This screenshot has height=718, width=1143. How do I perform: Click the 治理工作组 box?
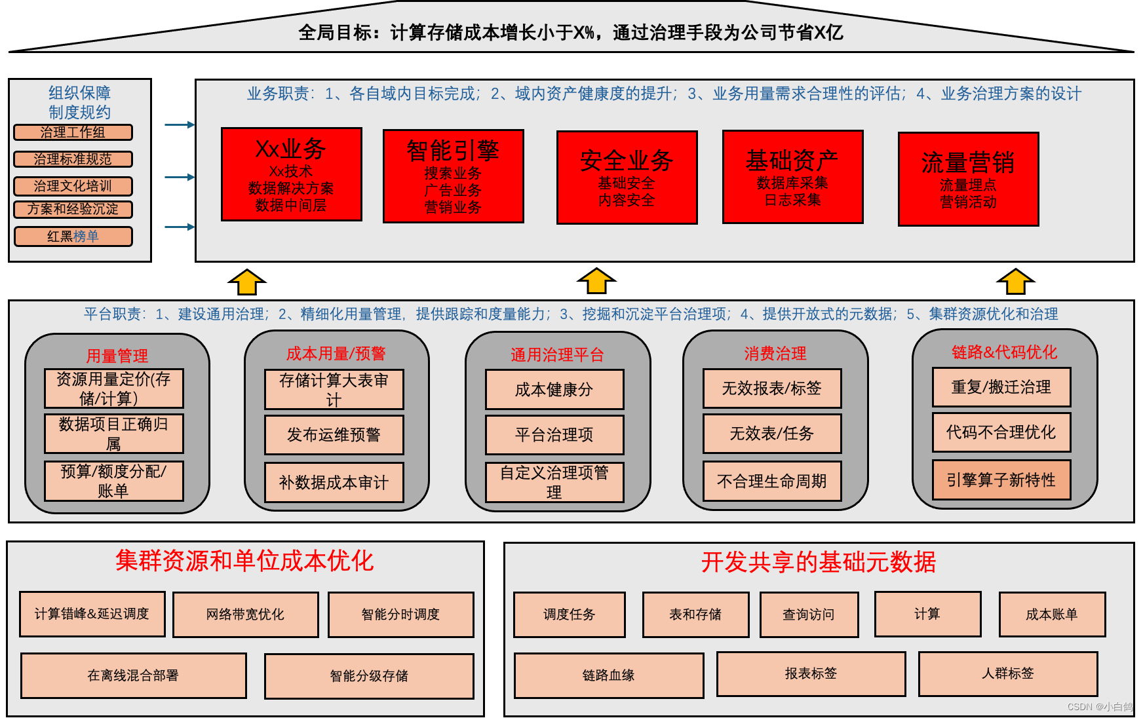(73, 132)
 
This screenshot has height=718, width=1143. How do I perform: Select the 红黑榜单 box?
(73, 236)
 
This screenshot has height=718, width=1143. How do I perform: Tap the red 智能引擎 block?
(453, 176)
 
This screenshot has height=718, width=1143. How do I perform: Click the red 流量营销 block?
(968, 179)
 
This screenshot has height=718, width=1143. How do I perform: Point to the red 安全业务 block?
(627, 178)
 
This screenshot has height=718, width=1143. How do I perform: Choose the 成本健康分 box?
(554, 390)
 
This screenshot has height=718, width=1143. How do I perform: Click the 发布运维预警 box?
(334, 435)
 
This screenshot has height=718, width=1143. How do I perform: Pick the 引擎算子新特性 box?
(1001, 480)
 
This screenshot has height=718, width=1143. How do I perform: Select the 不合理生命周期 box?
(771, 482)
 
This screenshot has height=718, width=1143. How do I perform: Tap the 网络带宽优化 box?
(245, 614)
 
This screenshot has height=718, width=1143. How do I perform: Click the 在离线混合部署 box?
(133, 675)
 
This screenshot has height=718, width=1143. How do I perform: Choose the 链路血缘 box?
(608, 675)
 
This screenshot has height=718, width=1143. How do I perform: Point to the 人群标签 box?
(1007, 673)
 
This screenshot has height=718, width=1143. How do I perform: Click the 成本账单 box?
(1051, 614)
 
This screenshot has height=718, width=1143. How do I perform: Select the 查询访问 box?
(808, 614)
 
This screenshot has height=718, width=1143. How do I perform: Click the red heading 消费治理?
(775, 354)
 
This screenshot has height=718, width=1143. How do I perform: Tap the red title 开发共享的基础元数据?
(818, 562)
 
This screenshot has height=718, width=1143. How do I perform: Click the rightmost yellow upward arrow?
(1015, 282)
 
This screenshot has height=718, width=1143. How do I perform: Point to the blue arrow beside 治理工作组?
(179, 124)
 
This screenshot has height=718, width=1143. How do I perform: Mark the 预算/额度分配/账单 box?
(113, 481)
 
